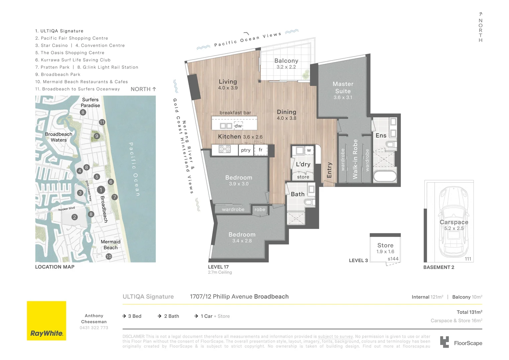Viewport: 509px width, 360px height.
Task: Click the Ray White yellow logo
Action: click(x=46, y=321)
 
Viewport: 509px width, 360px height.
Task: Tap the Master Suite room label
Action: click(x=343, y=88)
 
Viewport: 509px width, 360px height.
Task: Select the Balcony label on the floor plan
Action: click(x=286, y=61)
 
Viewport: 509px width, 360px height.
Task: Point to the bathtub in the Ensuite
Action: click(x=385, y=176)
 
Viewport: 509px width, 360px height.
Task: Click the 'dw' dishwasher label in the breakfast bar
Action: click(x=238, y=126)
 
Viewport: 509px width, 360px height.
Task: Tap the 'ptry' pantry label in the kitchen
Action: click(x=246, y=150)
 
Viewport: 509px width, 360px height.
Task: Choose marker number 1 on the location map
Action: click(x=101, y=190)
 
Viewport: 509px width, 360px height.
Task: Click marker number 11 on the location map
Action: click(x=102, y=122)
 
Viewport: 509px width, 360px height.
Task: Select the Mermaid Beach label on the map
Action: click(x=111, y=245)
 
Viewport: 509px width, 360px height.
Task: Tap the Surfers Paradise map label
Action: click(x=90, y=102)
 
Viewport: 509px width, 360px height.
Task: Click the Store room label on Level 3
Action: click(x=385, y=245)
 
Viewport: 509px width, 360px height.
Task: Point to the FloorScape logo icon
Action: click(x=444, y=342)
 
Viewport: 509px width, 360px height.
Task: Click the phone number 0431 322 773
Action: click(x=94, y=328)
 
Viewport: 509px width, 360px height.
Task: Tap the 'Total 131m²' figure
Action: click(x=469, y=312)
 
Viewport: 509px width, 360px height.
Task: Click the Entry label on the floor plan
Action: click(x=329, y=170)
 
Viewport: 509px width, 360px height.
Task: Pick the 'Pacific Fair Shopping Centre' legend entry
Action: click(x=72, y=38)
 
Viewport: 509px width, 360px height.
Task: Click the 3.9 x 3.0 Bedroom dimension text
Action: click(x=239, y=184)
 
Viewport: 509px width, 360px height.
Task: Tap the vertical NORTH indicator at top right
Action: click(x=480, y=28)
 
